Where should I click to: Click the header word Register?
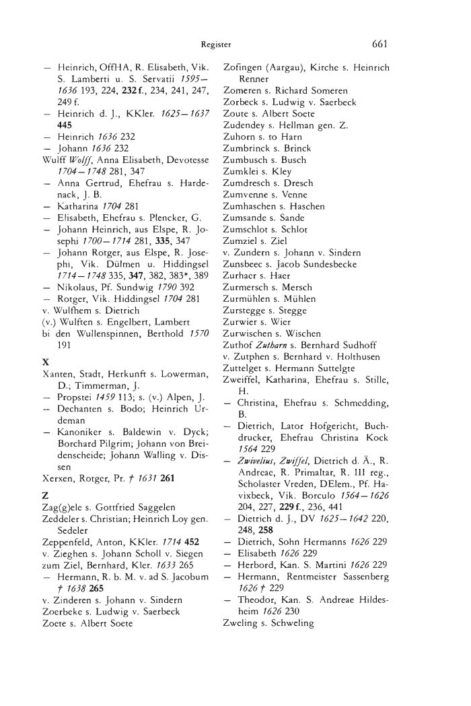(x=216, y=45)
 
